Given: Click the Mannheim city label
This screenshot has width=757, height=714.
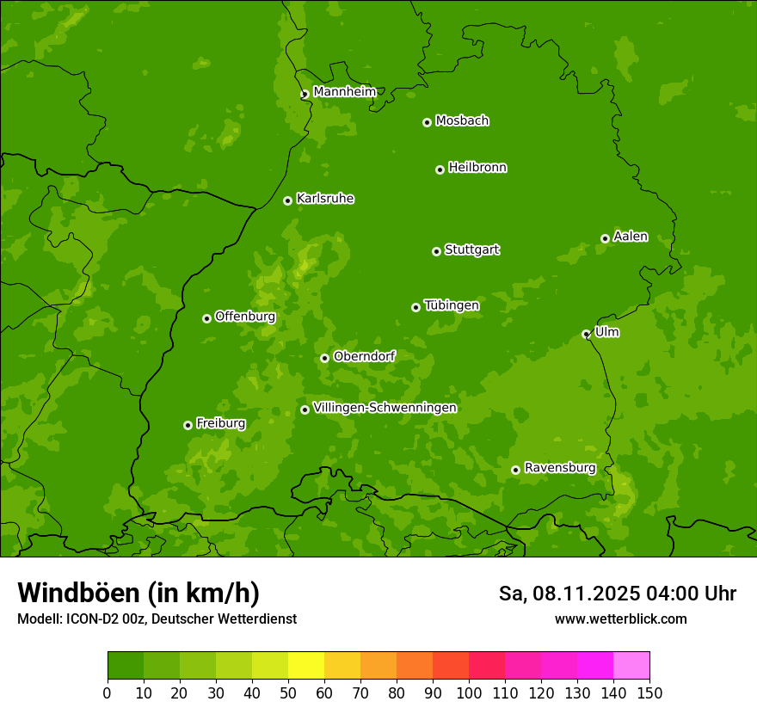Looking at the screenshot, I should (344, 91).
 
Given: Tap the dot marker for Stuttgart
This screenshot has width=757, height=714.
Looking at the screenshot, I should (436, 251).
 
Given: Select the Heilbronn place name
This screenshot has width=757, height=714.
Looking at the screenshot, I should (477, 167).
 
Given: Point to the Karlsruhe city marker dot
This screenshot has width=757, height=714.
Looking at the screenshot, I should (287, 200).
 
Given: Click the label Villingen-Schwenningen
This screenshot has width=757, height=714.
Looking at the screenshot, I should (385, 407).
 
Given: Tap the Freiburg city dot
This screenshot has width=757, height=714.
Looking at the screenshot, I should (188, 425).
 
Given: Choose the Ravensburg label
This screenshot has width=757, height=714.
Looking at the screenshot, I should (560, 468).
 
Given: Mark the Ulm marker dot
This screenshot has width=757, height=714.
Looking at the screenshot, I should (586, 334).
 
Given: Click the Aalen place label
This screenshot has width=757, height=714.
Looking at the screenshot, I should (631, 237).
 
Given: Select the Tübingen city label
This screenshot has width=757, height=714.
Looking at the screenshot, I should (452, 305).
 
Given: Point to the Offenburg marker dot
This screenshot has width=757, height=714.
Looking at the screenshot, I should (206, 318).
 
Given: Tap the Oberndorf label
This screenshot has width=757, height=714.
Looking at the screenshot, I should (364, 356).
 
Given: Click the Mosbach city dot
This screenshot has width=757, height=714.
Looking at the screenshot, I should (427, 122).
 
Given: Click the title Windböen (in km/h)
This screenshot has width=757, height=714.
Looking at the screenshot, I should (138, 593).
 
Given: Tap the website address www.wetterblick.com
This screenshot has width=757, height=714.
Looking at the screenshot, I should (620, 619).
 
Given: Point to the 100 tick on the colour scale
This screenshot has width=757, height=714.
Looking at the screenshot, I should (469, 692).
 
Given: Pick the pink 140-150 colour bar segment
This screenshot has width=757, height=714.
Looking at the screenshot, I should (631, 666).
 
